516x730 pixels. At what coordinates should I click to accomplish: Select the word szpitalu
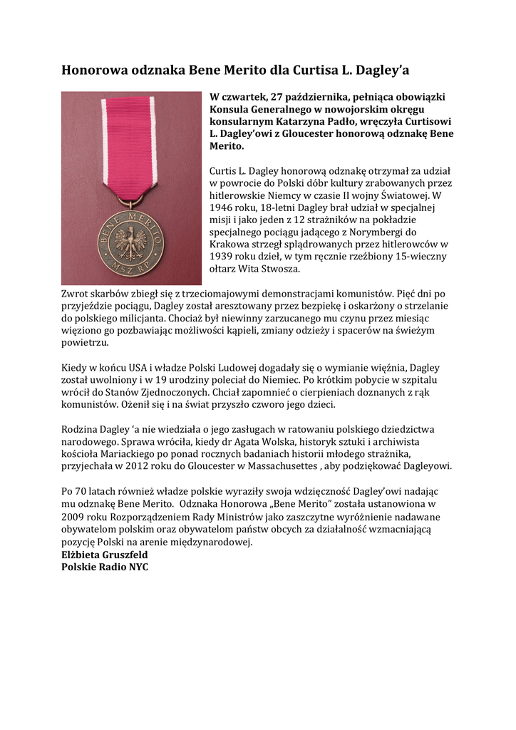pyautogui.click(x=405, y=380)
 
